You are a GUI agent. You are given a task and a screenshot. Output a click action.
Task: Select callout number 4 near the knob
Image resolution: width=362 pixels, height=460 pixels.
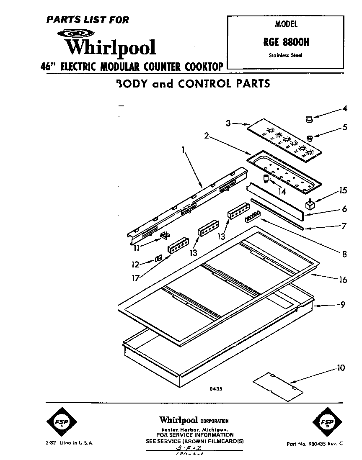344,109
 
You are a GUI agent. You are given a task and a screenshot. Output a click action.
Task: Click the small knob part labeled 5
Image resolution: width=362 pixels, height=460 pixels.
310,137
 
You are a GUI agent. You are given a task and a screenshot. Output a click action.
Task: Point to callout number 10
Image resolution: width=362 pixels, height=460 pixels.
341,368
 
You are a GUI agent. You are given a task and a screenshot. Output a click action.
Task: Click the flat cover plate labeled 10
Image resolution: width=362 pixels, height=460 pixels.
277,383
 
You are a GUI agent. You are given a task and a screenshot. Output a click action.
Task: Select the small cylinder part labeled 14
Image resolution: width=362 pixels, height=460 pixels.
266,178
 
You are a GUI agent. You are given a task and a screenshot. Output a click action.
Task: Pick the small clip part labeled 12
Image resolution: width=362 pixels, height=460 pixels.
159,259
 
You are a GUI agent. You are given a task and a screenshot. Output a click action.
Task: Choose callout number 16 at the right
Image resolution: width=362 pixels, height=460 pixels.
343,280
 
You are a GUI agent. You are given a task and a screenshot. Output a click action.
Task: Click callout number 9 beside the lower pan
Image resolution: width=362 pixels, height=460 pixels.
343,305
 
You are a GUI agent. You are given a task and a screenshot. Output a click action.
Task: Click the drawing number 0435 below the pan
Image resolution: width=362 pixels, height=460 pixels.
216,389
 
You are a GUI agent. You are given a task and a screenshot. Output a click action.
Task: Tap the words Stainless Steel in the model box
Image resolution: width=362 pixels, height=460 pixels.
285,55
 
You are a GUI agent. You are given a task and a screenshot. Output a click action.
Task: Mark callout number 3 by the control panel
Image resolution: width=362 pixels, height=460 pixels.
228,123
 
